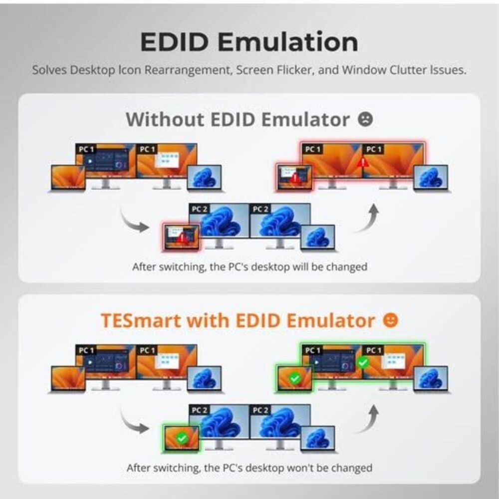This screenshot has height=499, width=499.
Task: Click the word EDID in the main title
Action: (x=174, y=42)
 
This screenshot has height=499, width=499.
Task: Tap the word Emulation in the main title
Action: (x=288, y=42)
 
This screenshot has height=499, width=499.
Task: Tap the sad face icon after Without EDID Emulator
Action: (x=365, y=119)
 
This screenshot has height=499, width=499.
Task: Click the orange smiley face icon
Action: (x=391, y=320)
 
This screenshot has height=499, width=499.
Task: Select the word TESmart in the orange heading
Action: (x=141, y=320)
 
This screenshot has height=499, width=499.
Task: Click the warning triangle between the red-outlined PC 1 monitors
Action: (x=362, y=162)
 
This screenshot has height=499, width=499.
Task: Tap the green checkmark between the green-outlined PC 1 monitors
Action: (x=363, y=362)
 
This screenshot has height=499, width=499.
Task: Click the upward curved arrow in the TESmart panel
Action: (x=368, y=420)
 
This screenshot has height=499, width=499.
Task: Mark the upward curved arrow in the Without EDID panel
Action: (x=368, y=219)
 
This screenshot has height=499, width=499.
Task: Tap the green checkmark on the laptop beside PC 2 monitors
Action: (x=182, y=438)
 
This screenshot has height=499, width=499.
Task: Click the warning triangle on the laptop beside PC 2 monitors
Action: (x=182, y=238)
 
